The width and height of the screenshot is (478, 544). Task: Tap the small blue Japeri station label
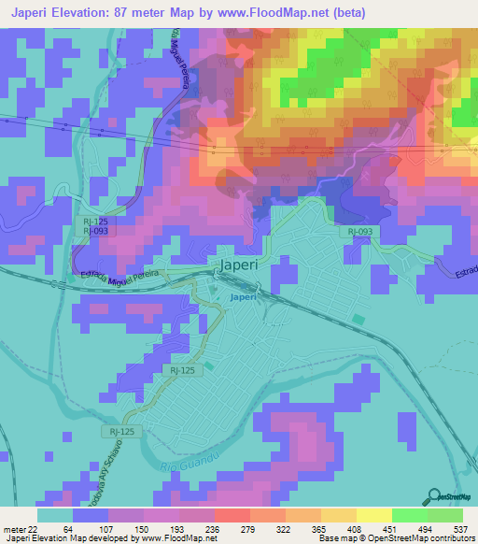pos(244,298)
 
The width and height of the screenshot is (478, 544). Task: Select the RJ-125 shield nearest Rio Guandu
pos(119,431)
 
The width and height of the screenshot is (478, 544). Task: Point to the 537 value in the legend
pos(458,528)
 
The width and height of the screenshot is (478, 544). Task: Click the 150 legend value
pos(141,528)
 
